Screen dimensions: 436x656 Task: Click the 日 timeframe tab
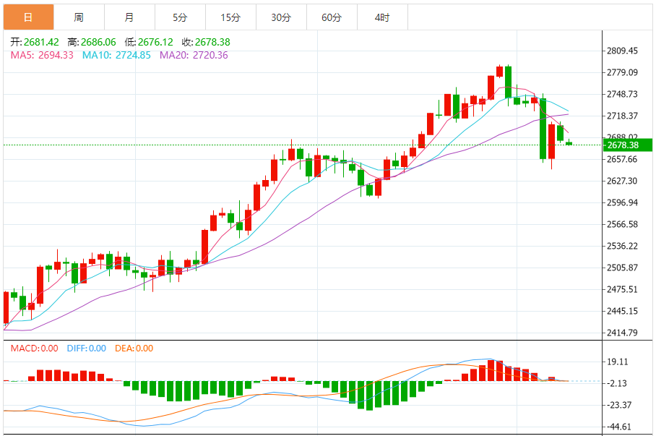[x=28, y=17]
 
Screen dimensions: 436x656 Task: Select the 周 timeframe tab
[x=79, y=17]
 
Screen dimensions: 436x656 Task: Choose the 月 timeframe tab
[x=129, y=17]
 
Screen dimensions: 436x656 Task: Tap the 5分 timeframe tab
[x=180, y=17]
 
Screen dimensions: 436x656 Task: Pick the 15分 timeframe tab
[x=230, y=17]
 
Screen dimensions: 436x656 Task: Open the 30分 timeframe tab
[x=281, y=17]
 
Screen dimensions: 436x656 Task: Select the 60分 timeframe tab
[x=332, y=17]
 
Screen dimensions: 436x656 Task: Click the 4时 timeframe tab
[x=382, y=17]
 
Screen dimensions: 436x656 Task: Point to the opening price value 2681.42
[x=41, y=43]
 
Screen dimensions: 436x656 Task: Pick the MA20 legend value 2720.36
[x=207, y=55]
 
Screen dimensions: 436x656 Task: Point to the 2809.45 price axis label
[x=623, y=51]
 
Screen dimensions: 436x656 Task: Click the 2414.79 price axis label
[x=623, y=333]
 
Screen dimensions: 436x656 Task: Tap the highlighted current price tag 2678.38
[x=627, y=145]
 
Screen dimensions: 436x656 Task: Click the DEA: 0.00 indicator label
[x=134, y=349]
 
